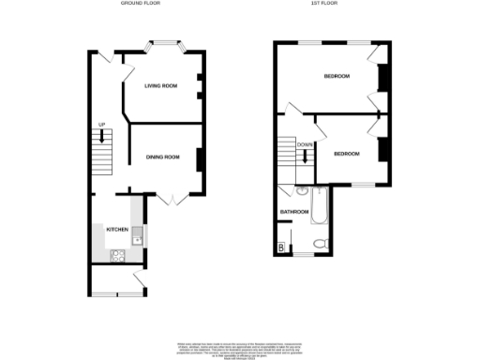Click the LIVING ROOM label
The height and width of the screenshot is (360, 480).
point(160,86)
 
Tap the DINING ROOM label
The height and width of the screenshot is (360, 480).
point(162,157)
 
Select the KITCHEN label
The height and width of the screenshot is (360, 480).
point(117,230)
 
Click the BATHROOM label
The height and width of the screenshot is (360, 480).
point(294,212)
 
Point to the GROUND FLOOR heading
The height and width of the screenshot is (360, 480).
point(140,4)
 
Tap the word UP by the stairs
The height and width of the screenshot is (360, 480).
point(101,125)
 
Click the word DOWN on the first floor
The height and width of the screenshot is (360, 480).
point(305,144)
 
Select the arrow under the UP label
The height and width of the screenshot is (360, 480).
point(101,136)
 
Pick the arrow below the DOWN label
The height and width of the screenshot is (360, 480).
point(305,156)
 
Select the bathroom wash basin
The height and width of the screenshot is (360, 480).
point(302,191)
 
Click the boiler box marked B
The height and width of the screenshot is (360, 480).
point(281,247)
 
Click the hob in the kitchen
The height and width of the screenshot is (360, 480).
point(118,253)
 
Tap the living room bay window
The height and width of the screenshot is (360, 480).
point(166,43)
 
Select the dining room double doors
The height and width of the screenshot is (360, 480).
point(170,199)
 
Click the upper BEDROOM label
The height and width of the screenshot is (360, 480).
point(336,77)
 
